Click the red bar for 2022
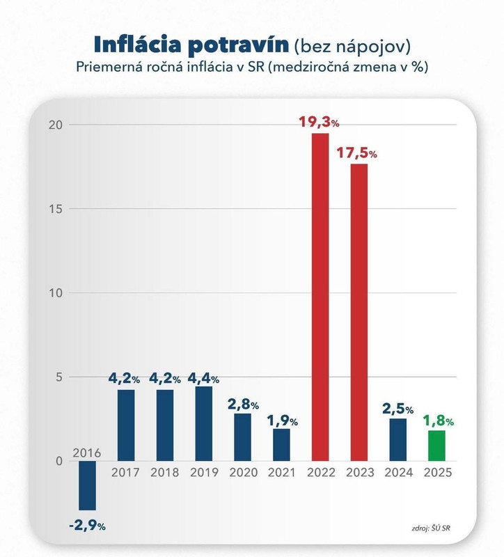coord(320,297)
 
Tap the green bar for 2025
coord(436,446)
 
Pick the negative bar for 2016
coord(87,485)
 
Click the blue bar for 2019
coord(203,423)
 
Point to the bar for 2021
coord(281,444)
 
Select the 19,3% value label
coord(320,123)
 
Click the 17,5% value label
coord(358,153)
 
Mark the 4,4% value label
coord(203,379)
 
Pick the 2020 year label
coord(242,472)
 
